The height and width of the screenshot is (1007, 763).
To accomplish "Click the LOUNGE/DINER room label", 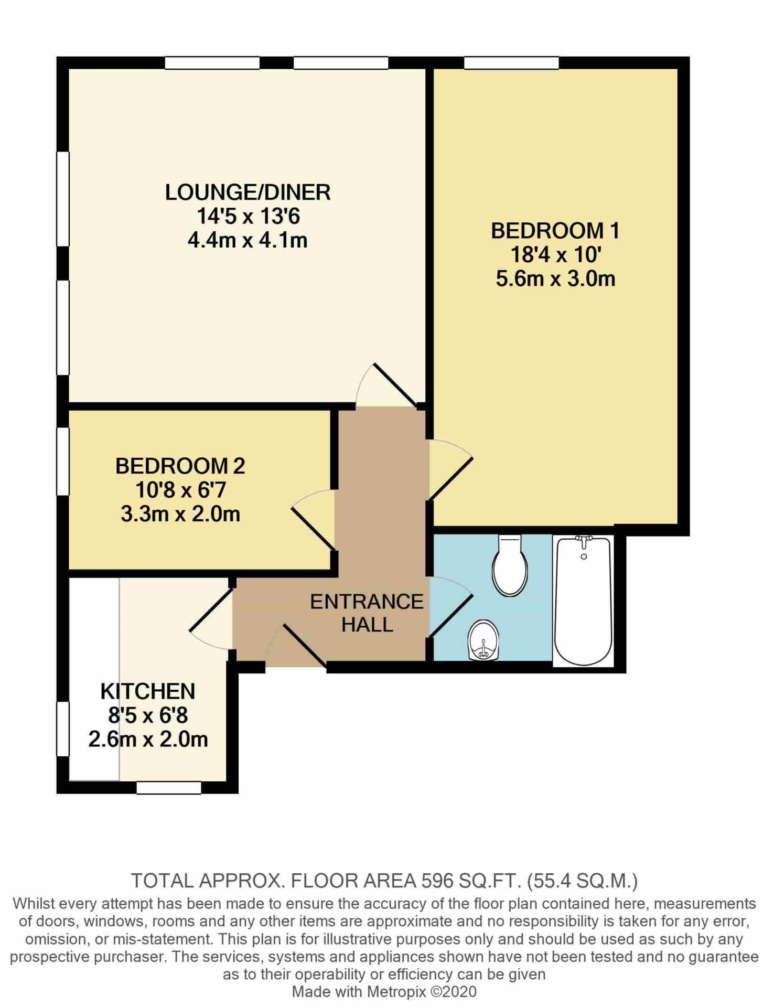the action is tap(248, 192).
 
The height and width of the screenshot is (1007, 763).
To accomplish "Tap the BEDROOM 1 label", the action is tap(555, 231).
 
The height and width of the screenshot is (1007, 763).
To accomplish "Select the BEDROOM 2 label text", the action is tap(180, 466).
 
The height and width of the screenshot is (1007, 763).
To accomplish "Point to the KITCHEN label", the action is tap(148, 691).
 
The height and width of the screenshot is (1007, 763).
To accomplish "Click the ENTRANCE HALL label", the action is tap(367, 613).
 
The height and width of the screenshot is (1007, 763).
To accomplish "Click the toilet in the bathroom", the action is tap(510, 565).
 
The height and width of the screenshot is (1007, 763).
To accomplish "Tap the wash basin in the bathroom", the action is tap(483, 640).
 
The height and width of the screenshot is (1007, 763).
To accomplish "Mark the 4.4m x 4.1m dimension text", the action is tap(248, 240).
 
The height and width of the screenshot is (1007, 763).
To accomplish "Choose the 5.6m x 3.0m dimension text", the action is tap(555, 278).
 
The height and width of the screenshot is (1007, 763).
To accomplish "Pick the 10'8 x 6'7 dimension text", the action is tap(180, 490).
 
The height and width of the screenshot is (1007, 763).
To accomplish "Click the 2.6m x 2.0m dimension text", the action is tap(148, 739).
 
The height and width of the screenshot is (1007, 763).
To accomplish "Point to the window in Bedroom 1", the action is tap(511, 63).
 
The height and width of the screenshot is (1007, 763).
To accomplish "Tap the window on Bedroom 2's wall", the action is tap(63, 461).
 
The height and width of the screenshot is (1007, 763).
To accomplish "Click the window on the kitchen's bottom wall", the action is tap(169, 787).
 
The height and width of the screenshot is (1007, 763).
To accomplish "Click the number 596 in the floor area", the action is tap(437, 881).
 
